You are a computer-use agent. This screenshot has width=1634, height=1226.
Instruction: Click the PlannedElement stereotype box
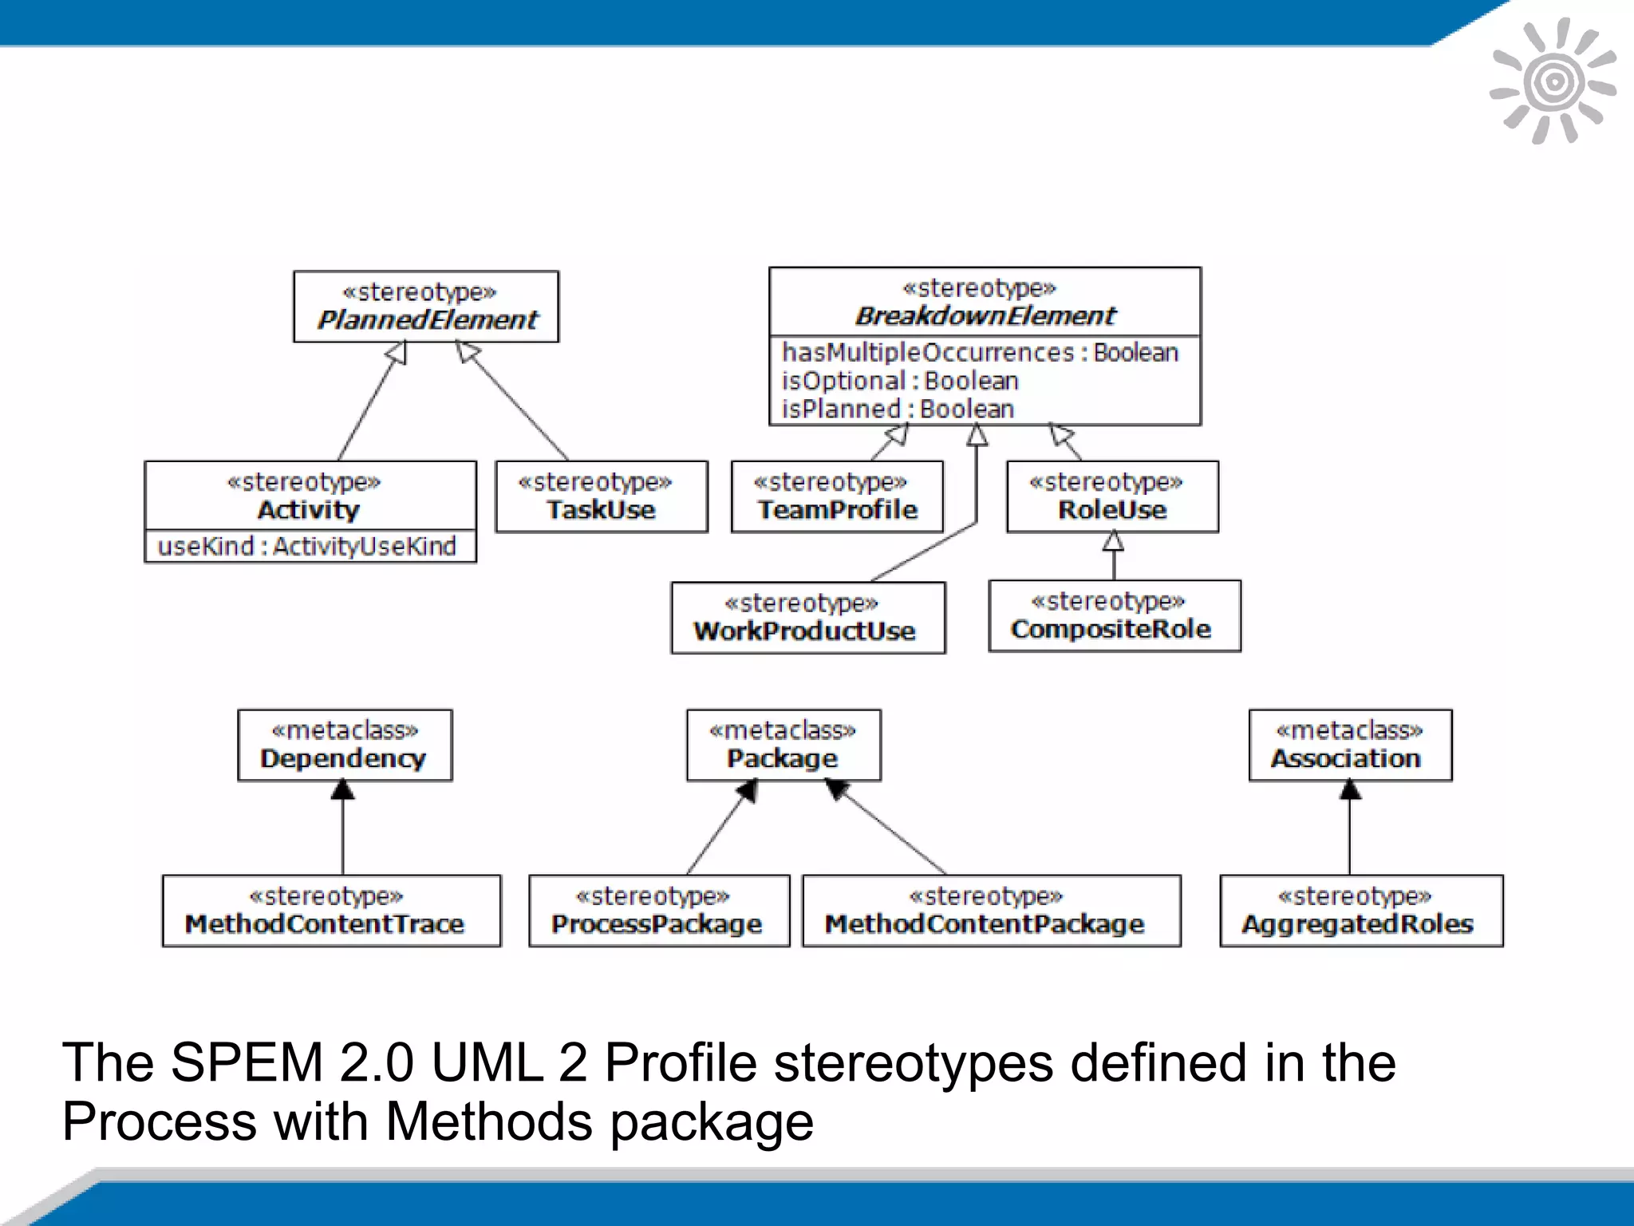[x=426, y=306]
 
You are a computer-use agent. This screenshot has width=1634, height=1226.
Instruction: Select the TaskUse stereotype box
[x=602, y=496]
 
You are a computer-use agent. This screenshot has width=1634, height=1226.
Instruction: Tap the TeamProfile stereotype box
[x=837, y=496]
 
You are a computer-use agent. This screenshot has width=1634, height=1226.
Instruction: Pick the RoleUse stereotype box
[x=1112, y=496]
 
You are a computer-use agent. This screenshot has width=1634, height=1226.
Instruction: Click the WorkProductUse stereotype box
[x=807, y=618]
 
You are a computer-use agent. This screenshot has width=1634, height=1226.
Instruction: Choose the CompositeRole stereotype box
[x=1114, y=616]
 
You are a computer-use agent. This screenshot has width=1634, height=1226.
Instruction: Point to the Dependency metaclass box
[x=345, y=745]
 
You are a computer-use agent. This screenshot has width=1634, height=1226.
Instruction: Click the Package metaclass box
[x=783, y=745]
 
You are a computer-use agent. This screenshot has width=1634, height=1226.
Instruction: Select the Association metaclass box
[x=1350, y=745]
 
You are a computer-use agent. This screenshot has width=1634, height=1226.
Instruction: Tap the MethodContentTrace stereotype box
[x=331, y=911]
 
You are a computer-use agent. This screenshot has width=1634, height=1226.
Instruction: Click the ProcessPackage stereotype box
[x=659, y=911]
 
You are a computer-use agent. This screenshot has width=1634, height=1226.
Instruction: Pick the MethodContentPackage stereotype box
[x=991, y=911]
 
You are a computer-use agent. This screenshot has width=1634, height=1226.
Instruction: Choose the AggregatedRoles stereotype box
[x=1361, y=911]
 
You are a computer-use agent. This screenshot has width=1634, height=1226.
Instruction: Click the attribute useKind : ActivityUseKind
[x=307, y=547]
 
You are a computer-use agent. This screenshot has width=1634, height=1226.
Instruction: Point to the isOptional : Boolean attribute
[x=900, y=381]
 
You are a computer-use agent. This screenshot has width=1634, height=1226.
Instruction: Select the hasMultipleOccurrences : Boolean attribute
[x=980, y=352]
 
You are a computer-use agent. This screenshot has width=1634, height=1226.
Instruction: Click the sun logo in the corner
[x=1553, y=81]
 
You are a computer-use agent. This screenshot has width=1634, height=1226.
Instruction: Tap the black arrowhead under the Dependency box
[x=343, y=790]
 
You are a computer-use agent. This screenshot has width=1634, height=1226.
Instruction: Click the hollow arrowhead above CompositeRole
[x=1113, y=542]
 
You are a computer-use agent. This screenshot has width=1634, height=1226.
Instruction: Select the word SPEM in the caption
[x=242, y=1063]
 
